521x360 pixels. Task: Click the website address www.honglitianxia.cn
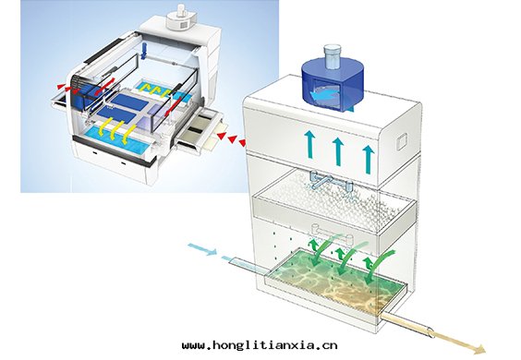point(260,345)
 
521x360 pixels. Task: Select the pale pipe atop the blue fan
point(333,55)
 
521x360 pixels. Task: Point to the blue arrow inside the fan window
point(324,95)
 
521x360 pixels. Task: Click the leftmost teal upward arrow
point(309,144)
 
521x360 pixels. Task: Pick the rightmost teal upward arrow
point(368,160)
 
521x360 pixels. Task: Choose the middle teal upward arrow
point(338,151)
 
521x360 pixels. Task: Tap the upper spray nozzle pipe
point(331,180)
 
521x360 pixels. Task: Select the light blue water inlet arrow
point(202,249)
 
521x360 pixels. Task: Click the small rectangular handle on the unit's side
point(402,141)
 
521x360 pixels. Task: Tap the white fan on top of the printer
point(178,19)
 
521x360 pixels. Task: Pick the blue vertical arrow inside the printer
point(144,51)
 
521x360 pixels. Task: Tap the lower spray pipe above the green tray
point(333,234)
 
